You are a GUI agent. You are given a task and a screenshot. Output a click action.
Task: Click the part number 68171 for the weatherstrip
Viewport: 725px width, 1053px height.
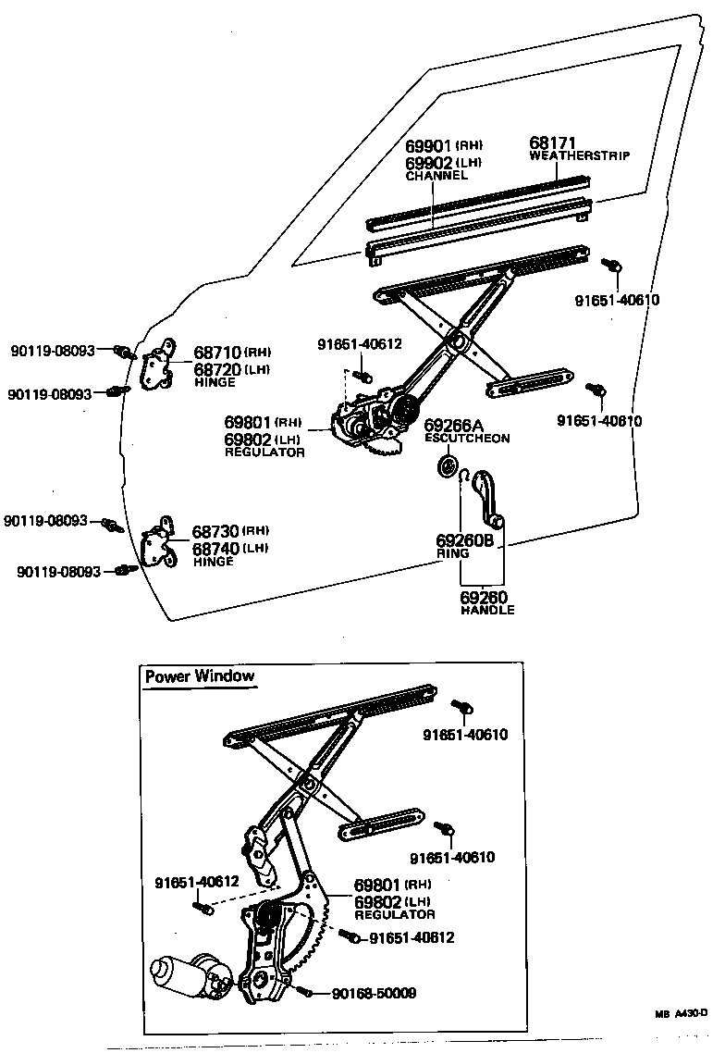tap(552, 143)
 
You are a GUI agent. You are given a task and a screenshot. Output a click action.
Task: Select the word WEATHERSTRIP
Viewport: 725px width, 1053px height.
tap(579, 156)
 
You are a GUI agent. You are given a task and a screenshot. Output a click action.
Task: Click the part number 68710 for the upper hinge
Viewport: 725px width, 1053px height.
tap(217, 353)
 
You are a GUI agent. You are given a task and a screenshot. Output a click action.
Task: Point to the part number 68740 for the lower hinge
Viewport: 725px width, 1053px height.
tap(216, 547)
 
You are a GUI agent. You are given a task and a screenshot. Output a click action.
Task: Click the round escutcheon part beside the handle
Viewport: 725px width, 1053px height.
tap(449, 465)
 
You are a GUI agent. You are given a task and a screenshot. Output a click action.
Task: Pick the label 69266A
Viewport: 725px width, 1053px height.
tap(454, 426)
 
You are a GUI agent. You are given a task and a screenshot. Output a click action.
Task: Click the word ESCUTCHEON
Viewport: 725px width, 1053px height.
tap(467, 439)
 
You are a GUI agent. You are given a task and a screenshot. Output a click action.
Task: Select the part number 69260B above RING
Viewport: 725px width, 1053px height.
tap(464, 540)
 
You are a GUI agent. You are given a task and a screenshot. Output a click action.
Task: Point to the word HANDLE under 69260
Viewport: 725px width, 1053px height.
tap(487, 610)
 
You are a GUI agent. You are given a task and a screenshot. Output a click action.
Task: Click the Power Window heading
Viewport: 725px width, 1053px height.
tap(199, 675)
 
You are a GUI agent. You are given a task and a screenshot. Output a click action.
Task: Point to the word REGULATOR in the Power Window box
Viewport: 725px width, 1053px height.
tap(395, 914)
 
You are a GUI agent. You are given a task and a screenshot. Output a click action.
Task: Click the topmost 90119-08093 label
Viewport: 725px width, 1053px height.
tap(53, 351)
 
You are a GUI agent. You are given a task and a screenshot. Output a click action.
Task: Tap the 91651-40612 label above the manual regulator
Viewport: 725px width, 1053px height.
tap(360, 344)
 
